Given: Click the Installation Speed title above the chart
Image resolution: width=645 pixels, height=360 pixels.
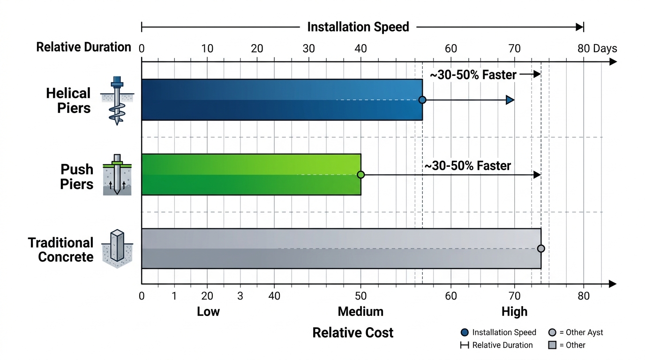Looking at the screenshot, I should [x=358, y=27].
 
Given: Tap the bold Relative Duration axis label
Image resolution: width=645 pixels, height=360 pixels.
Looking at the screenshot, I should [x=83, y=47].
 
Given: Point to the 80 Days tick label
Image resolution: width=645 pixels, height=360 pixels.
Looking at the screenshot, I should [x=597, y=48].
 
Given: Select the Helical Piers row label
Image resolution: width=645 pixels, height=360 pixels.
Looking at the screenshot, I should [x=68, y=100].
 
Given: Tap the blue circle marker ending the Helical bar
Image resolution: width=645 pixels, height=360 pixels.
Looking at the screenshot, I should [x=422, y=100].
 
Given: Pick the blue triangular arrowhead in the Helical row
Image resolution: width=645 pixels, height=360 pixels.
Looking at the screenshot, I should [x=510, y=100].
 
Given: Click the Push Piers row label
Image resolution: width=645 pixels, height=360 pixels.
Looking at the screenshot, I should [x=76, y=176].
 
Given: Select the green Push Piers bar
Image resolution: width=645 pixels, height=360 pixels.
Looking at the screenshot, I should [x=251, y=174].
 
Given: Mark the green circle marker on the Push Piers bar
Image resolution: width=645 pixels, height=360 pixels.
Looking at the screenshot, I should [x=360, y=175].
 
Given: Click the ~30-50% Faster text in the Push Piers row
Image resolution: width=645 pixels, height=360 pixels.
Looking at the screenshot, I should [x=467, y=166].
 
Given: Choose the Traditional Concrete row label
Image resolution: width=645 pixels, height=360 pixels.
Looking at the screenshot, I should [x=60, y=249].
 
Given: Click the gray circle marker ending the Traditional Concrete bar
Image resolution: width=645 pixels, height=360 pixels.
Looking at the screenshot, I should [x=541, y=248].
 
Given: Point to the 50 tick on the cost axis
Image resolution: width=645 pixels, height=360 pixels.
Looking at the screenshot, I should [x=360, y=296].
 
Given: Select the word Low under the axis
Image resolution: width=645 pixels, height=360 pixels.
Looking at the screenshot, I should [x=208, y=312].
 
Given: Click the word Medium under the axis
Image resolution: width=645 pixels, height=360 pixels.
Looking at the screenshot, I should [x=360, y=312].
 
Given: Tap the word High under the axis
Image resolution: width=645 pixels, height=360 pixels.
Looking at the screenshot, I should [x=514, y=312].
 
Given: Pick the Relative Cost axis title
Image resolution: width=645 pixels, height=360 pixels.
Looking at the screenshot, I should [x=352, y=333].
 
